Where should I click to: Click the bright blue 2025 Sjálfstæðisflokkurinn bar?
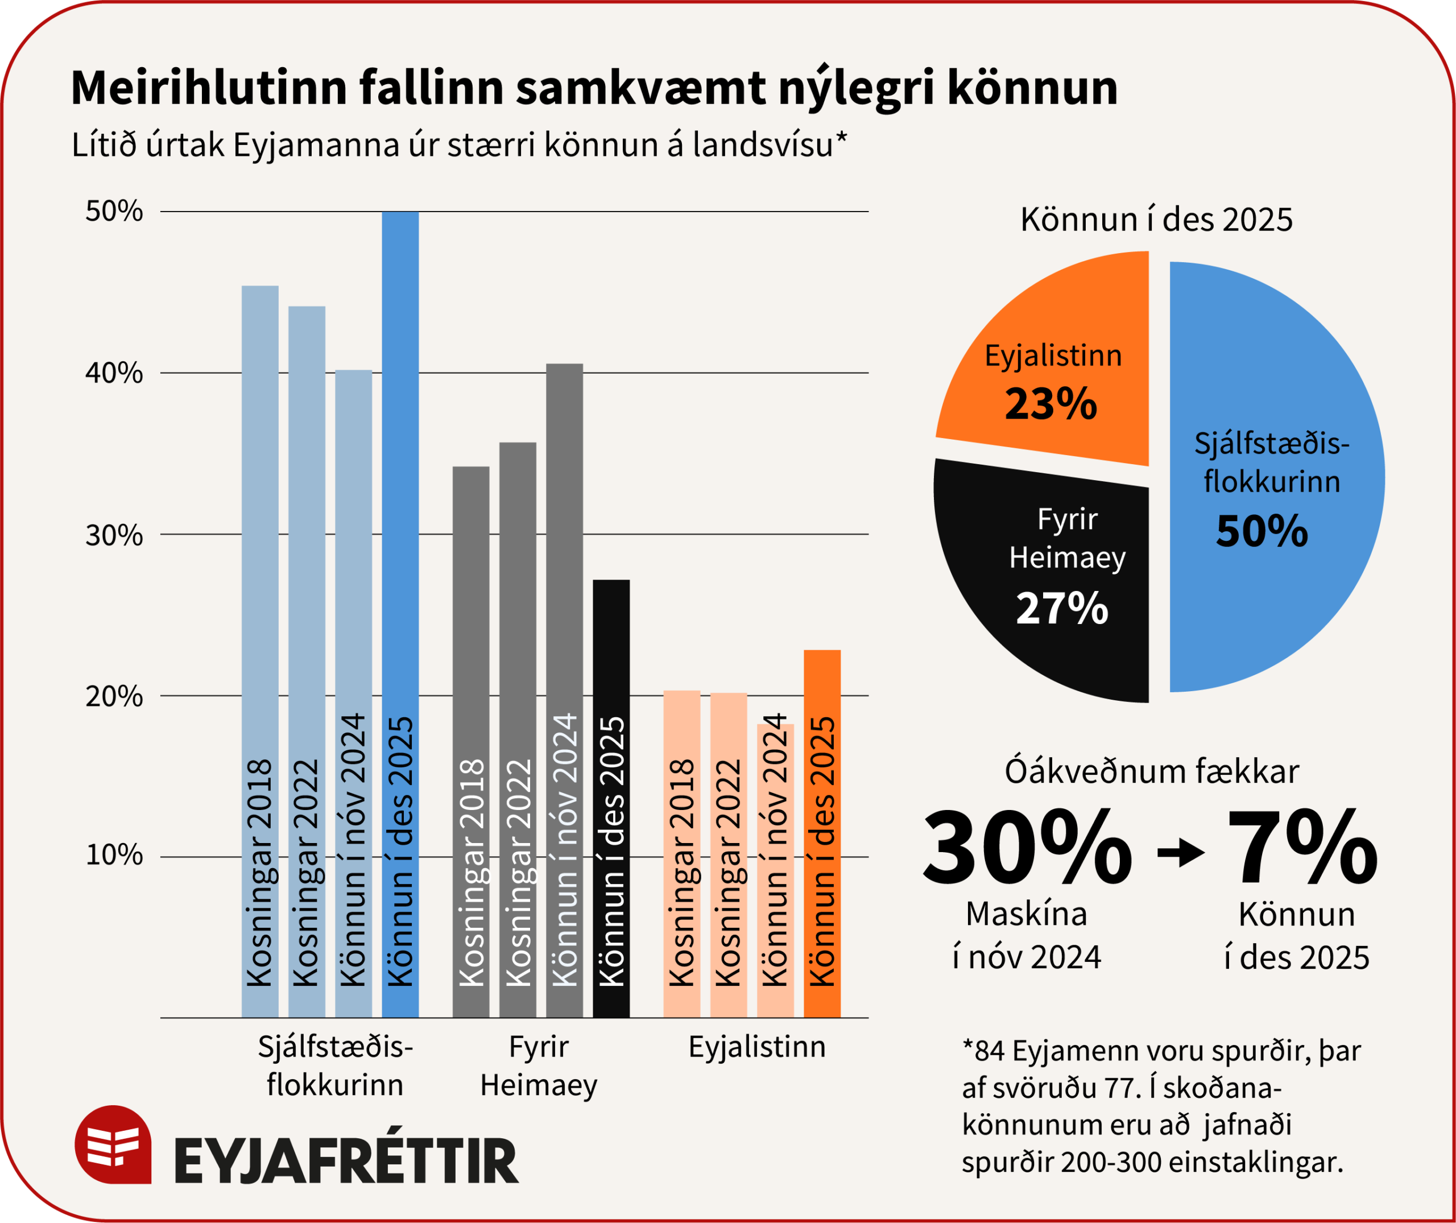point(400,485)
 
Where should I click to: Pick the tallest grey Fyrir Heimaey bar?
point(564,555)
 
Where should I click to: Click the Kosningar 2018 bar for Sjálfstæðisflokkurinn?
point(260,555)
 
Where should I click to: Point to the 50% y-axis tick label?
point(114,212)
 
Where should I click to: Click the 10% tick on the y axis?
point(114,856)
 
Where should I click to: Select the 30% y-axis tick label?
point(114,535)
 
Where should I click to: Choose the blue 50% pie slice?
point(1276,478)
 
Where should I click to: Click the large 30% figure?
point(1026,850)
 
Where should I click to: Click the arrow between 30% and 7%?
point(1181,853)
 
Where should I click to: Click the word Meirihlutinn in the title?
point(208,88)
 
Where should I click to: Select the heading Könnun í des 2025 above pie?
point(1156,220)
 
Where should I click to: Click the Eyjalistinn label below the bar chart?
point(757,1046)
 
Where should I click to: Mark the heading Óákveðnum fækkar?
point(1152,772)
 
